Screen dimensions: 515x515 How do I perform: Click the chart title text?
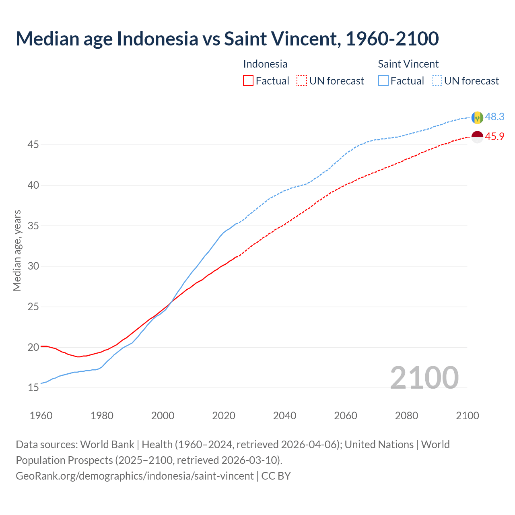coord(227,39)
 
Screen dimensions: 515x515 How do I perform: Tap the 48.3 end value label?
coord(494,117)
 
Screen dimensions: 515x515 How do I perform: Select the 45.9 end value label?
coord(494,136)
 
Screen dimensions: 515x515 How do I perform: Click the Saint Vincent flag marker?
coord(477,117)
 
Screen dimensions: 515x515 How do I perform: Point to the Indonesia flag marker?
coord(477,137)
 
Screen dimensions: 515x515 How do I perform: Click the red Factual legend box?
coord(248,81)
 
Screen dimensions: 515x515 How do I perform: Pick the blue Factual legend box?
coord(383,81)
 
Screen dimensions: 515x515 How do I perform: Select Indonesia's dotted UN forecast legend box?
coord(302,81)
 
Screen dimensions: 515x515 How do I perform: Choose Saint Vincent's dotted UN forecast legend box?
coord(437,81)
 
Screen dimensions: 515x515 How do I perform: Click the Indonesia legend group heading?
coord(265,64)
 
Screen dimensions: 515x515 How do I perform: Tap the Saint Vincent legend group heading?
coord(408,64)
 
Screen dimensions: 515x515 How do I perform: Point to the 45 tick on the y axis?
coord(33,144)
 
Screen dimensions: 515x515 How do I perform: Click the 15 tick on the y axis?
coord(33,388)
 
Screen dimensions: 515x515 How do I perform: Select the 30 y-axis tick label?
coord(33,266)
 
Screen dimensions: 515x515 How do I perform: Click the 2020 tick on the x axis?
coord(224,416)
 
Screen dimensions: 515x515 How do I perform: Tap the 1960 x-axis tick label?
coord(41,416)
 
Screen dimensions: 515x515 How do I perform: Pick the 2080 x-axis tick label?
coord(406,416)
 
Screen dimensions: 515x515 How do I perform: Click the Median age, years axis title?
coord(17,250)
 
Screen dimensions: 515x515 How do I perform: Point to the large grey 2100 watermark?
coord(424,377)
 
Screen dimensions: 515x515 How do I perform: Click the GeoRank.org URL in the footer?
coord(135,476)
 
